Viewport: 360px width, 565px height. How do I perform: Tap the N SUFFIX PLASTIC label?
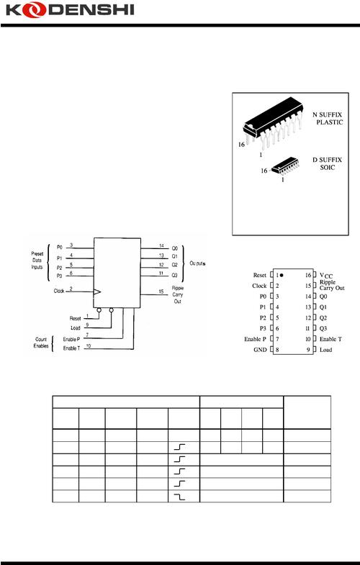tap(328, 119)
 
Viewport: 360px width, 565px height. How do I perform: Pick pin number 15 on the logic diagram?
tap(163, 290)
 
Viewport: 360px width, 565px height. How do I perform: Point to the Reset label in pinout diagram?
tap(259, 276)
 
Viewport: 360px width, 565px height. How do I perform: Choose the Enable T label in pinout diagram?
tap(331, 338)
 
